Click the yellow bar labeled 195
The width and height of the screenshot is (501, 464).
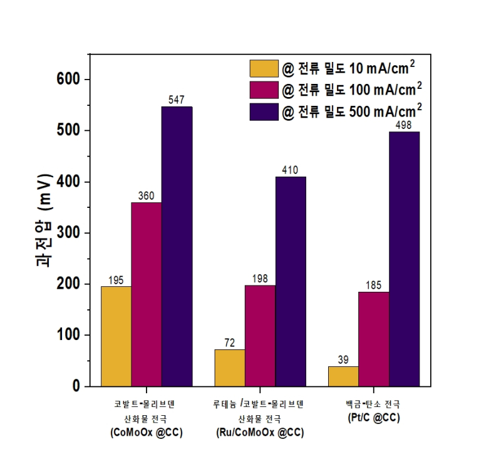(116, 336)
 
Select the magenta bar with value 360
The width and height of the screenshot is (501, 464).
(147, 294)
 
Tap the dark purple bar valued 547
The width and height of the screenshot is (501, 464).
(177, 247)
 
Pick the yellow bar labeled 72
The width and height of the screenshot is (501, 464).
(230, 368)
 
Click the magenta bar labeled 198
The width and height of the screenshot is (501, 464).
(260, 336)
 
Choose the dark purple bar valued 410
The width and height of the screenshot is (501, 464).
(291, 282)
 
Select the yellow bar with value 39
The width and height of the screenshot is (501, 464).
(343, 376)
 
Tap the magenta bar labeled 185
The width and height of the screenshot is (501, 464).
(374, 339)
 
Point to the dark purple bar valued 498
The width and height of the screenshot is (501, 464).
(404, 259)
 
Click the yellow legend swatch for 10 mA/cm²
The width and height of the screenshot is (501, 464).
(263, 68)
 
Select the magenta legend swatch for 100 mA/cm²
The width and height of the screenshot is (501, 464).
(263, 90)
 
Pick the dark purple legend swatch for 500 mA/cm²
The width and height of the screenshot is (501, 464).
(263, 111)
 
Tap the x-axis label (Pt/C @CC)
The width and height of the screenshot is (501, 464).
(374, 418)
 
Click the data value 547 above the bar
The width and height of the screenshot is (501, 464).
(177, 100)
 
